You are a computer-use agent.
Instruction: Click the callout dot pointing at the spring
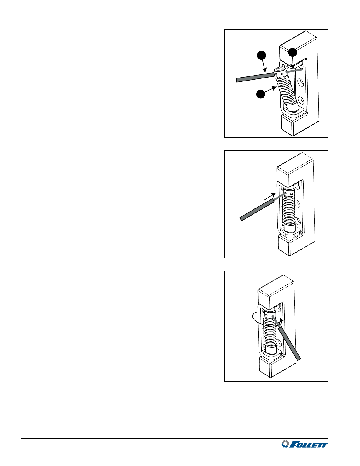[261, 94]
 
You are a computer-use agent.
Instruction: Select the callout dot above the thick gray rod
[262, 55]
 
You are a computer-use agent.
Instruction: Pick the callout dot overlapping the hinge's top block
[292, 52]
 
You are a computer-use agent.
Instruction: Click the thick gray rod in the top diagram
[255, 77]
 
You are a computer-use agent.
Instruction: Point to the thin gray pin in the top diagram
[294, 71]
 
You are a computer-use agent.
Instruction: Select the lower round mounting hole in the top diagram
[301, 101]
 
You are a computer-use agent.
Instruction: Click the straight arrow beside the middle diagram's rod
[270, 196]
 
